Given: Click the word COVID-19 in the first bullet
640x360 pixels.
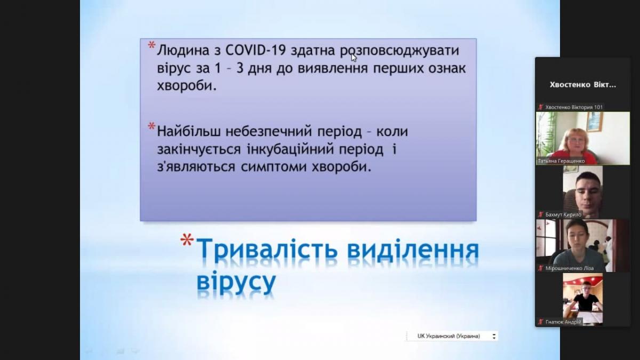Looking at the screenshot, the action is pos(255,51).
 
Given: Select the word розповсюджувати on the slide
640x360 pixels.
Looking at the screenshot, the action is pos(399,51).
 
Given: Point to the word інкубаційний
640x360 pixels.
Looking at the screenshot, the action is pos(290,150).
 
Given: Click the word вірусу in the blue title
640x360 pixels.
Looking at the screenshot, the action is pos(236,282).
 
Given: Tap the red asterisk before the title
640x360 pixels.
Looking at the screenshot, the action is pos(187,239).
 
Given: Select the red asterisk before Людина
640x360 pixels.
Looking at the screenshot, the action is pos(151,46).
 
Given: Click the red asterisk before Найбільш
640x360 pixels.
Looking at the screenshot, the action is pos(151,126).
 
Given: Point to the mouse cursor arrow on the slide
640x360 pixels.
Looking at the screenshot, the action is pos(354,57).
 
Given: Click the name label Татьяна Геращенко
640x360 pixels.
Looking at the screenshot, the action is pos(561,161).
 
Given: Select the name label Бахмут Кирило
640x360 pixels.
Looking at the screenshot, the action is pos(563,214).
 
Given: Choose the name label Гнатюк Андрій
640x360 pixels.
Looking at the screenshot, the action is pos(563,322).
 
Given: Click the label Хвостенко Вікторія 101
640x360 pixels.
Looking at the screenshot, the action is pos(574,107).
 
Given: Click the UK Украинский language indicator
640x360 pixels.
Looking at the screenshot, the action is pos(451,337).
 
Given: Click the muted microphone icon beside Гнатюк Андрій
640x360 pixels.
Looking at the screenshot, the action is pos(540,322).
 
